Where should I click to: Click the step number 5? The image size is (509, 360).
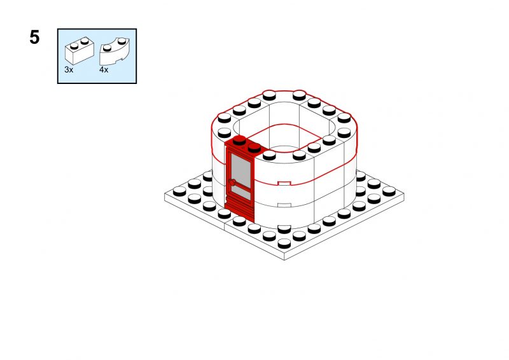tap(34, 37)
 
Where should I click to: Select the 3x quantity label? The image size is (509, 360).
tap(69, 69)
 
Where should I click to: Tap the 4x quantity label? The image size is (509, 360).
tap(104, 69)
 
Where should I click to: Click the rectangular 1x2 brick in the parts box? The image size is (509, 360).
tap(80, 50)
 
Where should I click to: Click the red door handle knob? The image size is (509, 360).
tap(232, 182)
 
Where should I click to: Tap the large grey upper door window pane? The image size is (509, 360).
tap(241, 170)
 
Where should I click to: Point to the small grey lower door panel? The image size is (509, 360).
tap(242, 193)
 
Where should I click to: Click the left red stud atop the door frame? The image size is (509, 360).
tap(240, 140)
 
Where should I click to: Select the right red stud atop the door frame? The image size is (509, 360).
tap(254, 148)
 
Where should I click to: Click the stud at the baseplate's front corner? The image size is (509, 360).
tap(284, 243)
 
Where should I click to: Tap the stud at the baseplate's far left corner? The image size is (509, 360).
tap(179, 191)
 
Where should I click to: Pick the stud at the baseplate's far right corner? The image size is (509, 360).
tap(389, 191)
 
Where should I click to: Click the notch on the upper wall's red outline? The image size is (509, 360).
tap(284, 183)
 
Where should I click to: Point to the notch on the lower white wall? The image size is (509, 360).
tap(284, 205)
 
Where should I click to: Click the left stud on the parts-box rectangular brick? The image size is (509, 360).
tap(74, 45)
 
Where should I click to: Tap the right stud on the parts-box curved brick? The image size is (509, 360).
tap(122, 41)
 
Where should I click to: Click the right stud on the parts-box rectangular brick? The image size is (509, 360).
tap(85, 41)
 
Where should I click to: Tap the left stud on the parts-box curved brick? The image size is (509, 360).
tap(107, 48)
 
